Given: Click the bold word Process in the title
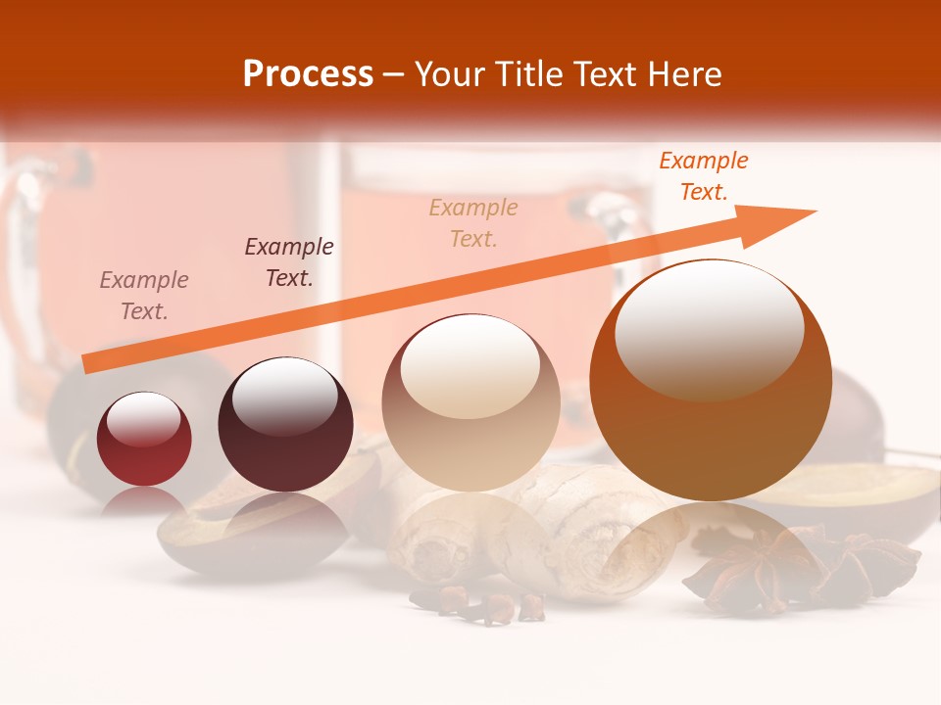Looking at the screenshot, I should click(308, 74).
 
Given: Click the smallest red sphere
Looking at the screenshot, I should click(144, 439).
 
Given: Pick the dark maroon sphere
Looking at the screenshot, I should click(285, 424).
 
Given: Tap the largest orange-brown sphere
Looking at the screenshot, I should click(711, 382).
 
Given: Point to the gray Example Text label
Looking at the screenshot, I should click(144, 296).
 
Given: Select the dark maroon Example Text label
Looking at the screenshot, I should click(289, 262).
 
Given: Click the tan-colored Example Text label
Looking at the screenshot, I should click(473, 223).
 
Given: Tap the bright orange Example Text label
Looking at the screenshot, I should click(704, 176).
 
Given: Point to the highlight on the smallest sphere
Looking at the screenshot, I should click(143, 420).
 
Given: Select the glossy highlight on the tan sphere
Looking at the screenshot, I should click(470, 365).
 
